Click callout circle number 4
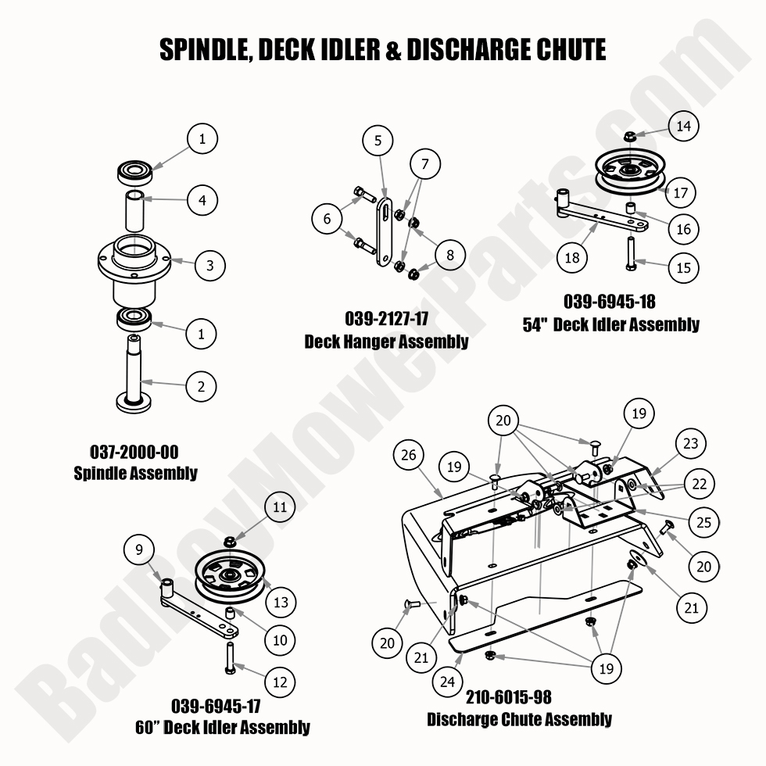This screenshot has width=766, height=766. coord(202,200)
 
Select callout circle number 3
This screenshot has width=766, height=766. coord(209,265)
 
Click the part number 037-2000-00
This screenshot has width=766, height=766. coord(134,453)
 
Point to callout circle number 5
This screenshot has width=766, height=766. coord(378,141)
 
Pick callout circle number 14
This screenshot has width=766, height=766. coord(683,126)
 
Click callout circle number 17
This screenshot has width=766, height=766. coord(681,191)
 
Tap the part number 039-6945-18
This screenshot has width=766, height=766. coord(609,301)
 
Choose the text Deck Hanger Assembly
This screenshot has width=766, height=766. coord(386,341)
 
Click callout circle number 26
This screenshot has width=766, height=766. coord(410,455)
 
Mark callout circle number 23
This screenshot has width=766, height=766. coord(690,445)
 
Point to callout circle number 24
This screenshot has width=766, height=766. coord(447,681)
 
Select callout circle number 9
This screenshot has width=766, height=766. coord(140,550)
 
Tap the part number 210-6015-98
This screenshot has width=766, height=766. coord(519,696)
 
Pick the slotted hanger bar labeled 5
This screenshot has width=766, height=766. coord(385,233)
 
